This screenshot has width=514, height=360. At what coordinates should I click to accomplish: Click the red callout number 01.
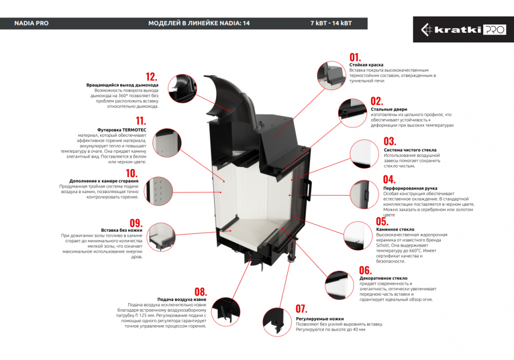355,57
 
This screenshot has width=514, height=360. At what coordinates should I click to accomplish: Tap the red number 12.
152,76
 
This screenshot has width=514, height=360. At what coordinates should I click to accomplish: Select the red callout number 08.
200,292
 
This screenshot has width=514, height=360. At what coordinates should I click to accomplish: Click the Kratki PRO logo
463,30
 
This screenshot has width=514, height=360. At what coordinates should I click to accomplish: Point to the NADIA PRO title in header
31,23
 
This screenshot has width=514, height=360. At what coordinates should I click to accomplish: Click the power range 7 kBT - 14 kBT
331,23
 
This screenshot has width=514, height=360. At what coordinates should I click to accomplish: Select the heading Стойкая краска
366,65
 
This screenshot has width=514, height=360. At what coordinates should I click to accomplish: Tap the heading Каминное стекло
395,230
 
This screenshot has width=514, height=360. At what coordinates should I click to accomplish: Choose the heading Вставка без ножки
123,230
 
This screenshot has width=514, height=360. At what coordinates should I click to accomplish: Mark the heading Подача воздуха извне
182,300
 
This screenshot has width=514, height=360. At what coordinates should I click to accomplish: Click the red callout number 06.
365,270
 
